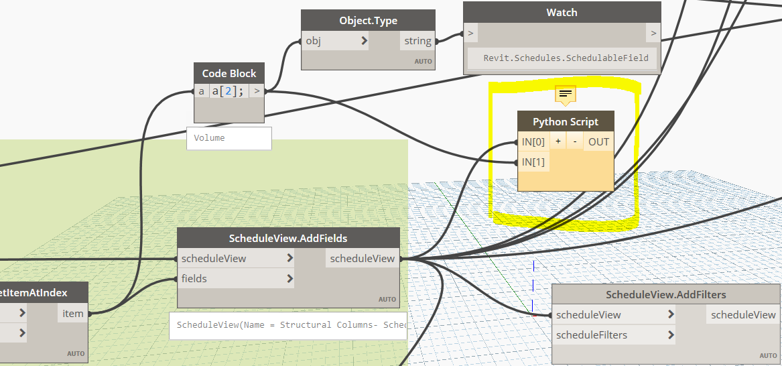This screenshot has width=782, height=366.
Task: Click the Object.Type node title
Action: [x=368, y=21]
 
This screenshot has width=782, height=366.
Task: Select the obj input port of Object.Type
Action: [x=335, y=41]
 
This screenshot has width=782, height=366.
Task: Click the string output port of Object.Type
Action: [x=417, y=41]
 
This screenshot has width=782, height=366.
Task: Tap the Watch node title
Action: [x=562, y=12]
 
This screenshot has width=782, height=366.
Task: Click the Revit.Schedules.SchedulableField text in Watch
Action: [x=566, y=58]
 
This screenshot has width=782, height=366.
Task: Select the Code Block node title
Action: [x=229, y=74]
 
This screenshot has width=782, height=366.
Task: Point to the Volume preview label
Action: [x=210, y=137]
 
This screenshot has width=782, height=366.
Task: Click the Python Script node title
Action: [x=566, y=121]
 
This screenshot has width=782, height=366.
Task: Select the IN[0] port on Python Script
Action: [x=533, y=141]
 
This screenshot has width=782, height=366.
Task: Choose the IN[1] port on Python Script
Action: [x=533, y=162]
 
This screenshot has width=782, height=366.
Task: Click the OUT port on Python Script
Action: [x=598, y=141]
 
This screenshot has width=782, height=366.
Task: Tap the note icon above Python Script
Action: [x=566, y=95]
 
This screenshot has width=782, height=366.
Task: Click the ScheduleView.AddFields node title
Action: [x=288, y=238]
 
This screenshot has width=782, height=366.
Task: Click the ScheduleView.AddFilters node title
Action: [x=665, y=294]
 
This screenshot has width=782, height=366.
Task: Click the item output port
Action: [x=72, y=313]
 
